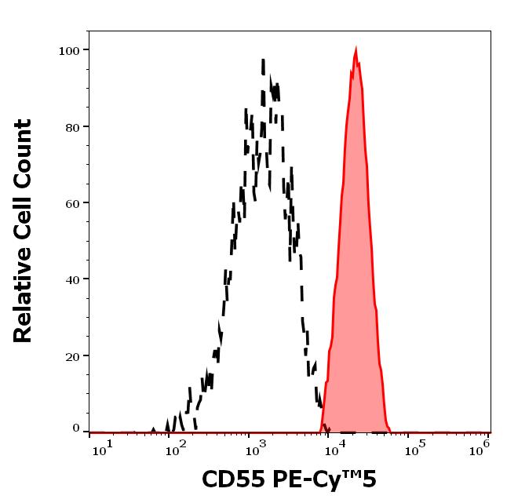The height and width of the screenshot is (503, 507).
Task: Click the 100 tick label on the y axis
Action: pyautogui.click(x=69, y=50)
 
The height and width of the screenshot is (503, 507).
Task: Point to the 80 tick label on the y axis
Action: pyautogui.click(x=72, y=126)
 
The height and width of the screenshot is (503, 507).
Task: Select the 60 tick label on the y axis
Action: pyautogui.click(x=72, y=202)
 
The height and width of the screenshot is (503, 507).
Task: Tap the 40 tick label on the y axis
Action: pyautogui.click(x=72, y=279)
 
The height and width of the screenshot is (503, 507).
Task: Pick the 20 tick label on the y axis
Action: pyautogui.click(x=72, y=355)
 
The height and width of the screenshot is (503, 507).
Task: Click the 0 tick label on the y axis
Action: pyautogui.click(x=76, y=428)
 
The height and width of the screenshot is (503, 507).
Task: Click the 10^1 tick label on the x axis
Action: pyautogui.click(x=102, y=447)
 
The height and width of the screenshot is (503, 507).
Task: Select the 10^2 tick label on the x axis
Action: pyautogui.click(x=180, y=447)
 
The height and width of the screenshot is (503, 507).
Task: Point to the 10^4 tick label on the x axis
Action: pyautogui.click(x=335, y=447)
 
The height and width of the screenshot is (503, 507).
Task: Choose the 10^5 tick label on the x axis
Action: pyautogui.click(x=412, y=447)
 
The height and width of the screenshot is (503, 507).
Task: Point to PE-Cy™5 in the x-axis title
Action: pyautogui.click(x=323, y=479)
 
